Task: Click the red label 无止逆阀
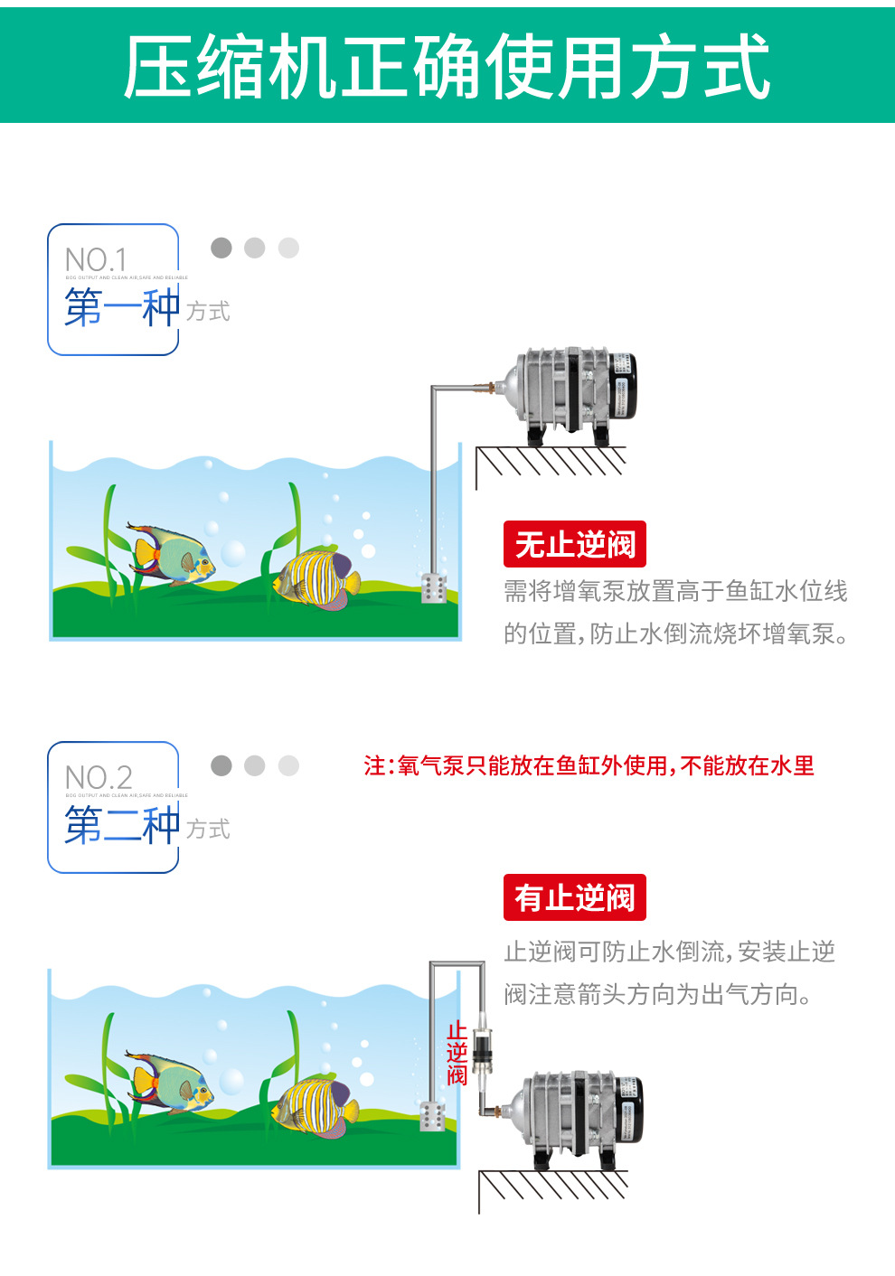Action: (x=575, y=544)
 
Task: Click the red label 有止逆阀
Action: (x=575, y=897)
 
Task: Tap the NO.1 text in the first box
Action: (x=96, y=260)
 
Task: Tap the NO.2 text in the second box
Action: (x=99, y=778)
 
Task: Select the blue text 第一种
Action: (x=122, y=307)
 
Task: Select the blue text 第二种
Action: (x=122, y=825)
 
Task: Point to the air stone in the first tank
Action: (x=433, y=588)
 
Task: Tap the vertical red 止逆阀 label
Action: (x=457, y=1053)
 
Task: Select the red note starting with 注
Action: (x=589, y=766)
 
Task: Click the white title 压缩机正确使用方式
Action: (x=447, y=67)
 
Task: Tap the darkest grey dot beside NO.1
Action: (x=221, y=248)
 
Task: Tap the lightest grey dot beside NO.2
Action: (x=288, y=765)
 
